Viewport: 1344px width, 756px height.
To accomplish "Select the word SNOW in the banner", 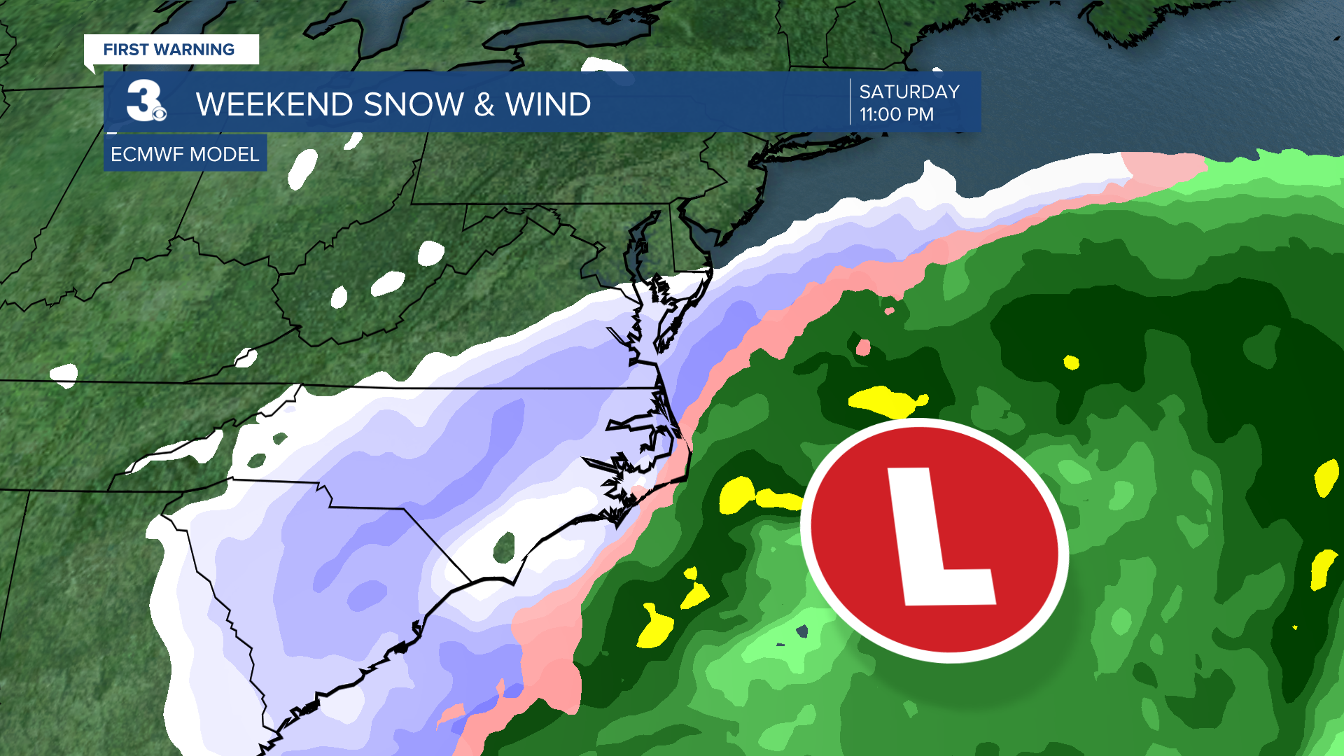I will (x=413, y=105).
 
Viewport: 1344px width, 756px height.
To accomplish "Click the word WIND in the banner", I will (x=548, y=105).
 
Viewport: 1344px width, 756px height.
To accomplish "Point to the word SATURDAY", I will (x=909, y=92).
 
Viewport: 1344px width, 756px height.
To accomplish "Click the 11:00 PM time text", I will (x=896, y=114).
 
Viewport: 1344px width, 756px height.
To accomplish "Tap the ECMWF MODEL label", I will (x=185, y=154).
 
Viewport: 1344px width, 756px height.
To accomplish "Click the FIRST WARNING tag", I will (x=169, y=50).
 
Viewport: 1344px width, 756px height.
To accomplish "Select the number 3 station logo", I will (x=142, y=100).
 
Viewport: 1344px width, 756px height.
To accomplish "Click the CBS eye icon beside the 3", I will (x=160, y=113).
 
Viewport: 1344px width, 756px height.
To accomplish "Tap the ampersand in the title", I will (x=484, y=105).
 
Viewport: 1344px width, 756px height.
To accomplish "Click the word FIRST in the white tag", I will (x=126, y=50).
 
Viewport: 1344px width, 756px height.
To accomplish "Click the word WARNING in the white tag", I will (x=194, y=50).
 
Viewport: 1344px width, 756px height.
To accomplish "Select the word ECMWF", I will (x=144, y=154).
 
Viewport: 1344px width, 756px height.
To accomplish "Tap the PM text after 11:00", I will (x=920, y=114).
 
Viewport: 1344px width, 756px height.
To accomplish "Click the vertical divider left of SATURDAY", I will (x=850, y=102).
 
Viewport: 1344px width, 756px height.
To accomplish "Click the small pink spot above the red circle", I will (x=863, y=347).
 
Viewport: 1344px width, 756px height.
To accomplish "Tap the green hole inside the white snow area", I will (x=504, y=547).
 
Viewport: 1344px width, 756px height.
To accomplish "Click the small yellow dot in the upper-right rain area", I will (x=1071, y=362).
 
